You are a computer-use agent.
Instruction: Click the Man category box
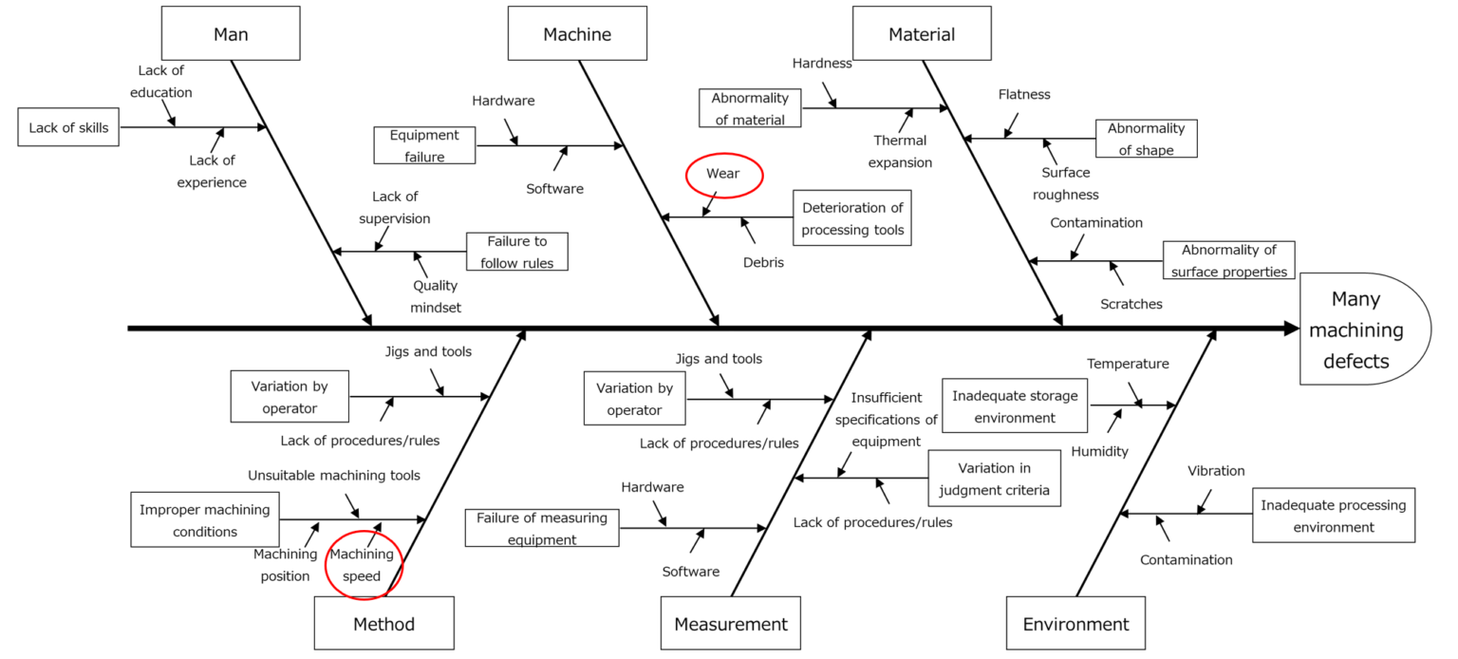point(231,34)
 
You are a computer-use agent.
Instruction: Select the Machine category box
point(577,34)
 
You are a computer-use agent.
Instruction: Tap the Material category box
point(922,34)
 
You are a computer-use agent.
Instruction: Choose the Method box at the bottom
point(383,624)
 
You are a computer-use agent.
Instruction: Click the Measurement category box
point(731,624)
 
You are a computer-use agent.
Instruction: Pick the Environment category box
point(1075,624)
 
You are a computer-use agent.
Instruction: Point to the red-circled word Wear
point(723,175)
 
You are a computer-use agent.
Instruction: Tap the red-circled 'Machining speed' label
point(362,565)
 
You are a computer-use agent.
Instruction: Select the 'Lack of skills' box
point(69,127)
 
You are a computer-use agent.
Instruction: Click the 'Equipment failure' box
point(424,146)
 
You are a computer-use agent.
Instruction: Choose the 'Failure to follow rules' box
point(517,253)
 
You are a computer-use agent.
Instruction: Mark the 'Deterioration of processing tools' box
point(852,218)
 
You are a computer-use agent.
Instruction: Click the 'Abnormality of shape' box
point(1146,139)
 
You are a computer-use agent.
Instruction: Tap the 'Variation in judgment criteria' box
point(994,479)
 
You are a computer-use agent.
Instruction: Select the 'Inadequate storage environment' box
point(1016,405)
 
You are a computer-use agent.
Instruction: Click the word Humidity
point(1099,452)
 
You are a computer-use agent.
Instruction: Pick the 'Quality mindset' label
point(435,296)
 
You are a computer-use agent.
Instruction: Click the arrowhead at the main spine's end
point(1291,329)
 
